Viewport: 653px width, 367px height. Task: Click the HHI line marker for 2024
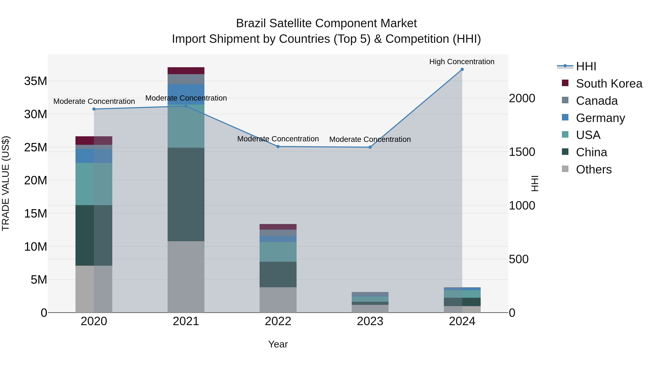[x=462, y=69]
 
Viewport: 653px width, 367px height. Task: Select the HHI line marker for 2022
[x=278, y=147]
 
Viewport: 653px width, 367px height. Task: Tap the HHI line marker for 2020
[x=94, y=109]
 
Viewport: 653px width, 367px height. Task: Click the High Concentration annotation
[x=462, y=62]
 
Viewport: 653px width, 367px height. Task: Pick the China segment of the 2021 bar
[x=186, y=194]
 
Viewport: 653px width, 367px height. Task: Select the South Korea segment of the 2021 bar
[x=186, y=71]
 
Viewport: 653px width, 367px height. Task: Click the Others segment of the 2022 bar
[x=278, y=300]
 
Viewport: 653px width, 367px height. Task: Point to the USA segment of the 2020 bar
[x=94, y=184]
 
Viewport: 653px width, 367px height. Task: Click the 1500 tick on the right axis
[x=522, y=152]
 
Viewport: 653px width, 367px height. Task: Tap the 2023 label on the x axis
[x=370, y=321]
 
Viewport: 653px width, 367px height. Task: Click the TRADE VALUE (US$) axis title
[x=6, y=183]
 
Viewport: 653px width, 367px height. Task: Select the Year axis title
[x=278, y=344]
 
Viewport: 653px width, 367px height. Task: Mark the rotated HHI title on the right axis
[x=535, y=183]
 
